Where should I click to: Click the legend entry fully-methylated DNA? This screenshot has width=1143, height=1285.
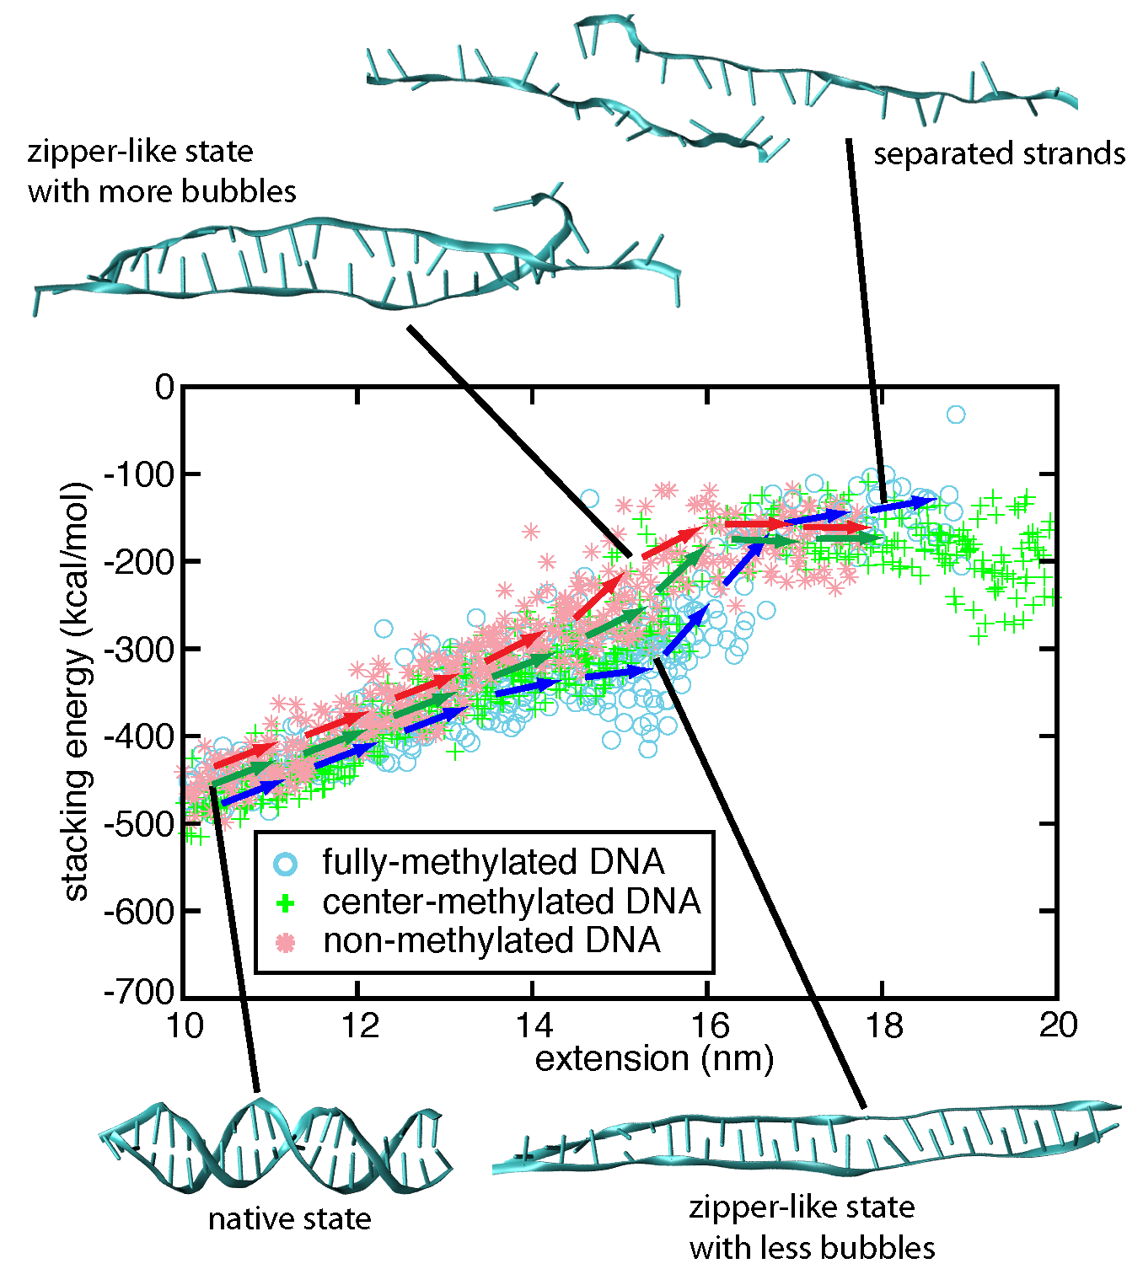493,862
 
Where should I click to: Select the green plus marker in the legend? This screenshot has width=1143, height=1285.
286,903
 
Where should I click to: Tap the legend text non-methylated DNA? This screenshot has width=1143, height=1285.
491,940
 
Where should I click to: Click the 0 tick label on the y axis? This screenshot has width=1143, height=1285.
164,388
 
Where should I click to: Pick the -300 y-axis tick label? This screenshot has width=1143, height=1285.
139,649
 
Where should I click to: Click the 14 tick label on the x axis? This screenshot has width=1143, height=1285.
533,1025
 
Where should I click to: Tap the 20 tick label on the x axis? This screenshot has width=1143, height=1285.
1057,1025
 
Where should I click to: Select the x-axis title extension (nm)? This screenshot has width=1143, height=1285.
654,1058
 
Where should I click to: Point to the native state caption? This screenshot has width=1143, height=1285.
289,1218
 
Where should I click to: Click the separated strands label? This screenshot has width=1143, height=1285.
999,154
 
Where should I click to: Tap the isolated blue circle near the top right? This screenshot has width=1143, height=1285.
955,415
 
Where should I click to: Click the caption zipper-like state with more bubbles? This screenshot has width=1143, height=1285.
162,171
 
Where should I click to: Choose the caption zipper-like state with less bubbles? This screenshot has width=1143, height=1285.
812,1227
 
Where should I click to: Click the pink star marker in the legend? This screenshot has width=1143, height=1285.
286,942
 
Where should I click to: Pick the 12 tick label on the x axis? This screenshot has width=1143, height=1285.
359,1025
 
